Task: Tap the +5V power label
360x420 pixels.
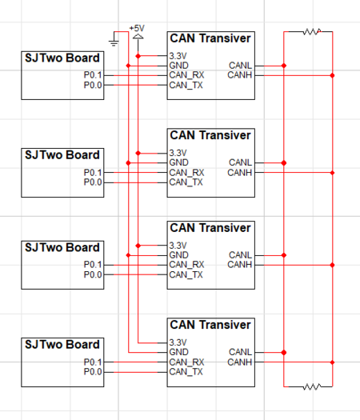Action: coord(137,28)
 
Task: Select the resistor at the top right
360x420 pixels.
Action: coord(312,32)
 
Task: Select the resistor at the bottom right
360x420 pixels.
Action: coord(312,386)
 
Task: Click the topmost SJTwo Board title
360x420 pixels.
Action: coord(62,58)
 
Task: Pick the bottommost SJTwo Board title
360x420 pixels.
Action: coord(62,345)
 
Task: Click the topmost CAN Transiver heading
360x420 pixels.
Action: coord(210,38)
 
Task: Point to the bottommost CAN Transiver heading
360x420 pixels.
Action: coord(210,325)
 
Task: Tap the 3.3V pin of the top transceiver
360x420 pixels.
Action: coord(178,56)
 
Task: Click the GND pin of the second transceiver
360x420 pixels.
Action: coord(178,162)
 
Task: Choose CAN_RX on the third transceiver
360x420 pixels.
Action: coord(186,265)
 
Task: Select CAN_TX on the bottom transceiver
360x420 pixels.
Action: coord(186,372)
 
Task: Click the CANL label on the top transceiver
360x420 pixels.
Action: coord(240,66)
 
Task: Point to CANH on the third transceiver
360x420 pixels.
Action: coord(240,265)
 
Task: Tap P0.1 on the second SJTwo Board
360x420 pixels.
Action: coord(93,173)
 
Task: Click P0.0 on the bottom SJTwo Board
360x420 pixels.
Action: coord(93,372)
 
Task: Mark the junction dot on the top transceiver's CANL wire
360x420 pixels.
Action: coord(284,66)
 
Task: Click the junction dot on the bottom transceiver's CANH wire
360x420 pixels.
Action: coord(333,362)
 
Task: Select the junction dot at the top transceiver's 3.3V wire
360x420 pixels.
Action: coord(138,56)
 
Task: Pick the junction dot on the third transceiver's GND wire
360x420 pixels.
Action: coord(128,255)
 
